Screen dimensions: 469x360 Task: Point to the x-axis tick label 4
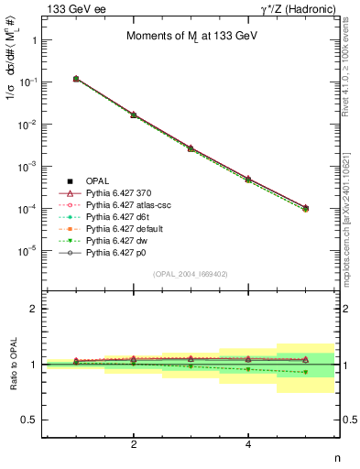point(248,444)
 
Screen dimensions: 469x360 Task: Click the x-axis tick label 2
point(134,444)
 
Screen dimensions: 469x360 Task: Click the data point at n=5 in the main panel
point(306,208)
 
